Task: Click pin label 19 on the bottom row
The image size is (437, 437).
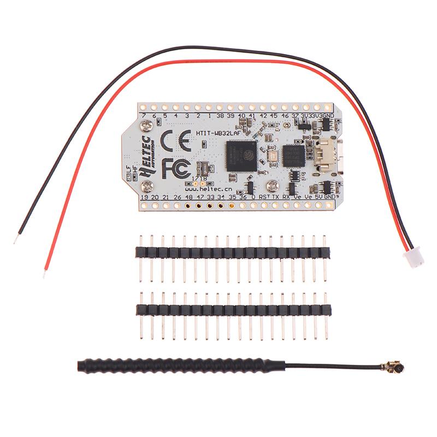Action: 144,196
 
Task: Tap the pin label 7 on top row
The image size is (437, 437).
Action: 144,116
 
